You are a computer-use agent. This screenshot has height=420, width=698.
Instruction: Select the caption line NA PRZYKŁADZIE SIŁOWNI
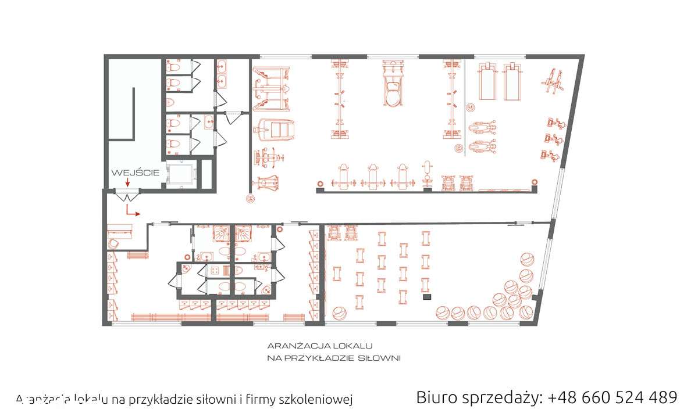[x=334, y=358]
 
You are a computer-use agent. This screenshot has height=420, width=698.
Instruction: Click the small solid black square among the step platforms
[x=426, y=297]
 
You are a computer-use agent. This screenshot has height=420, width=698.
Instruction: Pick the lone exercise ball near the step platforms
[x=339, y=314]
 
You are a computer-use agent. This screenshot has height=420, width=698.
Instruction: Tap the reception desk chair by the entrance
[x=114, y=242]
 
